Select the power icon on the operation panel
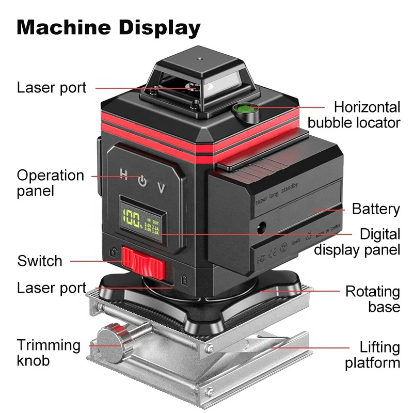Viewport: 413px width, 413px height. pos(142,181)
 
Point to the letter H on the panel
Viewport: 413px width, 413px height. pos(124,174)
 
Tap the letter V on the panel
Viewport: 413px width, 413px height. pos(162,188)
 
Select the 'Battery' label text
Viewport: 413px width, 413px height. pos(376,209)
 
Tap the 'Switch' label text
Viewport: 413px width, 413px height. pos(40,261)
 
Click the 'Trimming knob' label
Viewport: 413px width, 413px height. pos(49,352)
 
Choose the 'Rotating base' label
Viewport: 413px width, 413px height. pos(373,299)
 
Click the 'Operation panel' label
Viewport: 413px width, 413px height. pos(50,183)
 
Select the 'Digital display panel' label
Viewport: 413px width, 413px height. pos(357,242)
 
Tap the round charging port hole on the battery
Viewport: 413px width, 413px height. pos(261,226)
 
